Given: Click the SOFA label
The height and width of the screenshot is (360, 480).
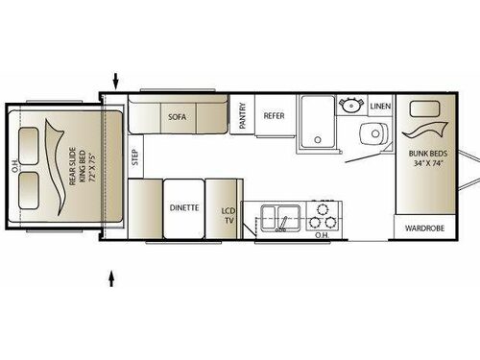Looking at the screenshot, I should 177,117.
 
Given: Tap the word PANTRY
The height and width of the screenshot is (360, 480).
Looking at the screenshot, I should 242,116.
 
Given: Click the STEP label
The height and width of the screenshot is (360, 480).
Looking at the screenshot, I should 134,156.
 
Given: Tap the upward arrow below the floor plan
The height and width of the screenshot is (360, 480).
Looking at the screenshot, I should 114,278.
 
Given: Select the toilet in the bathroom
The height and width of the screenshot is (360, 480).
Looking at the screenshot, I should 373,133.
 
